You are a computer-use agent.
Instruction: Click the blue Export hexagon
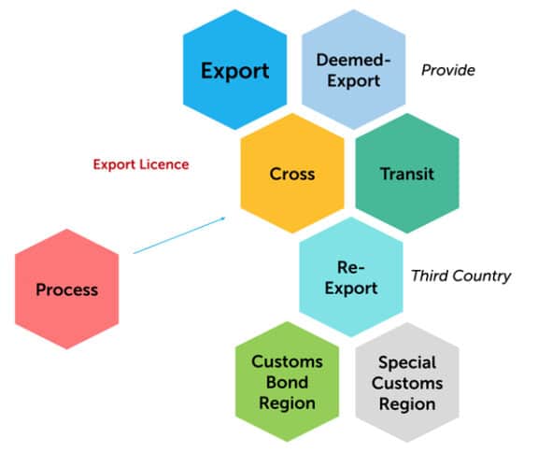pyautogui.click(x=234, y=71)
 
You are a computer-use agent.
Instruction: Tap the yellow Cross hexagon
pyautogui.click(x=292, y=174)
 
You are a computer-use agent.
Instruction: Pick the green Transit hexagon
pyautogui.click(x=407, y=174)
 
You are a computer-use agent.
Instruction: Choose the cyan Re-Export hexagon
pyautogui.click(x=352, y=277)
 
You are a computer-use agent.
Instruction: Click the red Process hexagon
pyautogui.click(x=66, y=290)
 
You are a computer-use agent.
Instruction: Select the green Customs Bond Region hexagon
pyautogui.click(x=288, y=383)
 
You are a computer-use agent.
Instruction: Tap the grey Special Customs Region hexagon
pyautogui.click(x=407, y=383)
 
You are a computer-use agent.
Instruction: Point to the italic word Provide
pyautogui.click(x=448, y=70)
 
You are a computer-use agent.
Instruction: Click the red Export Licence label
pyautogui.click(x=140, y=164)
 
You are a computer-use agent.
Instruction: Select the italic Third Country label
pyautogui.click(x=461, y=275)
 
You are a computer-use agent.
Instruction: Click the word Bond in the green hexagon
pyautogui.click(x=288, y=383)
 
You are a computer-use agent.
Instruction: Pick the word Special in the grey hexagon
pyautogui.click(x=407, y=362)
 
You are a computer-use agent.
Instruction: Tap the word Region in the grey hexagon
pyautogui.click(x=407, y=404)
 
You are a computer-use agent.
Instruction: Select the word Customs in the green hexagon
pyautogui.click(x=288, y=362)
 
